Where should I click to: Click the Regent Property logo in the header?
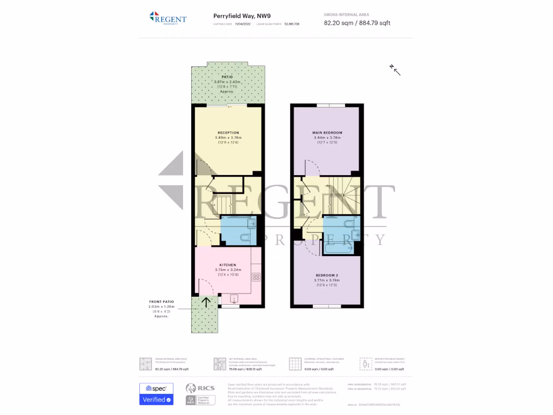point(167,18)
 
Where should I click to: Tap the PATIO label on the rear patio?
point(227,77)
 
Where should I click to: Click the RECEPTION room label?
point(228,132)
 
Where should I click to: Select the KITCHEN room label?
point(227,264)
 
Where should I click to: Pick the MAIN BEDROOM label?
point(327,132)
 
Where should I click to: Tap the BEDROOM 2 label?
point(327,275)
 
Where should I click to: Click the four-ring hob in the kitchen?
point(256,277)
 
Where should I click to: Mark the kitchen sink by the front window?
point(234,298)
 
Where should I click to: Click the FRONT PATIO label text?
point(161,302)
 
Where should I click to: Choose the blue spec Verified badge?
point(156,394)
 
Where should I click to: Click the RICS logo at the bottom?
point(200,388)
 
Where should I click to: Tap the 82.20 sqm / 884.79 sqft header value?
point(356,23)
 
